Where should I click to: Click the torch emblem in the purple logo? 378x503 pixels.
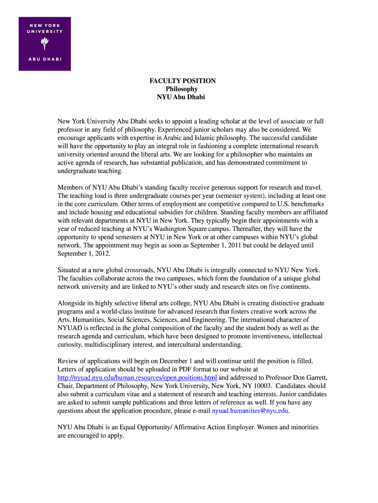[x=45, y=44]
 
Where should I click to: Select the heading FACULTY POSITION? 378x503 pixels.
[x=182, y=81]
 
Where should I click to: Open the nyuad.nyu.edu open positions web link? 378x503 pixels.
[x=137, y=377]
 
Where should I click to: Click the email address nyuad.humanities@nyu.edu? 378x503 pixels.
[x=250, y=411]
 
